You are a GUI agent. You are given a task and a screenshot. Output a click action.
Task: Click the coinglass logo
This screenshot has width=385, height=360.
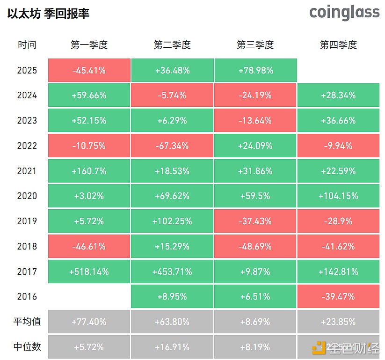point(344,13)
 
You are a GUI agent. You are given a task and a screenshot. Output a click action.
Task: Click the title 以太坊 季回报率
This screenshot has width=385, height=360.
point(49,14)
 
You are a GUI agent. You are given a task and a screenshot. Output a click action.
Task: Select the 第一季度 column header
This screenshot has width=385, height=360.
point(89,45)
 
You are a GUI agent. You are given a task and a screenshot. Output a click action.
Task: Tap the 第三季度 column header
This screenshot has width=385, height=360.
point(255,45)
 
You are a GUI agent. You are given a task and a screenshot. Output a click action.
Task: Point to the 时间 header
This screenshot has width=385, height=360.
point(27,45)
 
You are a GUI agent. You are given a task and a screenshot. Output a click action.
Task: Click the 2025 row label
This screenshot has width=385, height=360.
point(27,71)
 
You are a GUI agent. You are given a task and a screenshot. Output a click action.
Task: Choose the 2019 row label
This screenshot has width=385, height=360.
point(27,221)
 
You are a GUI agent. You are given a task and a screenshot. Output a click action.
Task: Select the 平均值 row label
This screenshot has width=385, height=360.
point(27,322)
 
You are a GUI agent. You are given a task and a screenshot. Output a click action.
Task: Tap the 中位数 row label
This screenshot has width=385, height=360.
point(27,347)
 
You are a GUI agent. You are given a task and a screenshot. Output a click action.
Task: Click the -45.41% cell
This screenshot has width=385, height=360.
point(89,71)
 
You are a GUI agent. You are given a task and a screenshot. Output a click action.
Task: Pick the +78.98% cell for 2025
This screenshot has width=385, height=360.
point(255,71)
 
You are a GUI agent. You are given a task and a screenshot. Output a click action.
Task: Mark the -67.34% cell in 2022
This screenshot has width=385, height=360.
point(172,146)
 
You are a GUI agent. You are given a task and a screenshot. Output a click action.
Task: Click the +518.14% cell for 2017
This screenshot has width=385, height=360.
point(89,272)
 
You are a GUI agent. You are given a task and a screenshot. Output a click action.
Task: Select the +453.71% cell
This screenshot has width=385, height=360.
point(172,272)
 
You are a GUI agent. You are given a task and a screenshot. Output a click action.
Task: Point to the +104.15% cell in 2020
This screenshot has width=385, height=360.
point(338,196)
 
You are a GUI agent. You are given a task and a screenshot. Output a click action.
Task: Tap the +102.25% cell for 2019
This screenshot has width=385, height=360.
point(172,221)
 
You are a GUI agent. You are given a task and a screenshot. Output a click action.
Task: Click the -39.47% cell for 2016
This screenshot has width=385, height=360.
point(338,296)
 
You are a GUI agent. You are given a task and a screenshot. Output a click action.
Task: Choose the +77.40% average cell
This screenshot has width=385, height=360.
point(89,322)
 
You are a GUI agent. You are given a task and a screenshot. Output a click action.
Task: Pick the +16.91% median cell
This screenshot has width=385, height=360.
point(172,347)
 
